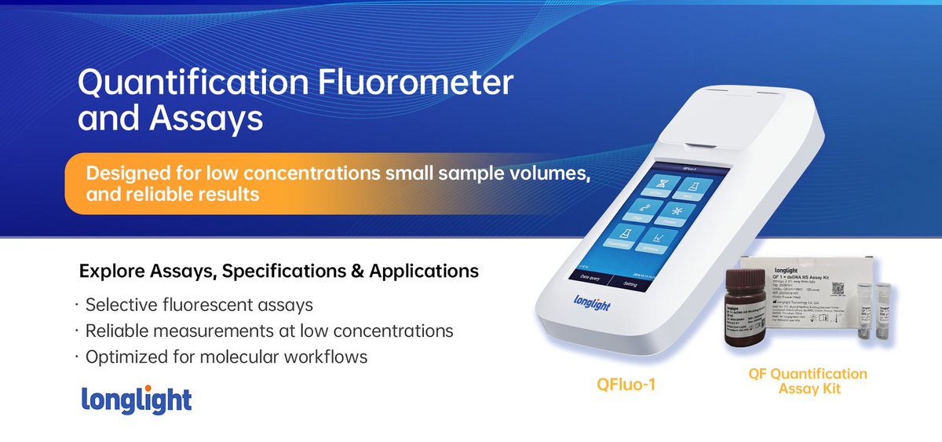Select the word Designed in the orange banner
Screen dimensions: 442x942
coord(125,174)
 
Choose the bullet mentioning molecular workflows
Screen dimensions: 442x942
coord(226,357)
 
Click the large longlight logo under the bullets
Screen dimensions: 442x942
coord(137,400)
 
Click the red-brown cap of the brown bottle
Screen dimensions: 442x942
coord(745,278)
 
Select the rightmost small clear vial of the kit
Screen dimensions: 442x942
coord(884,314)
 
